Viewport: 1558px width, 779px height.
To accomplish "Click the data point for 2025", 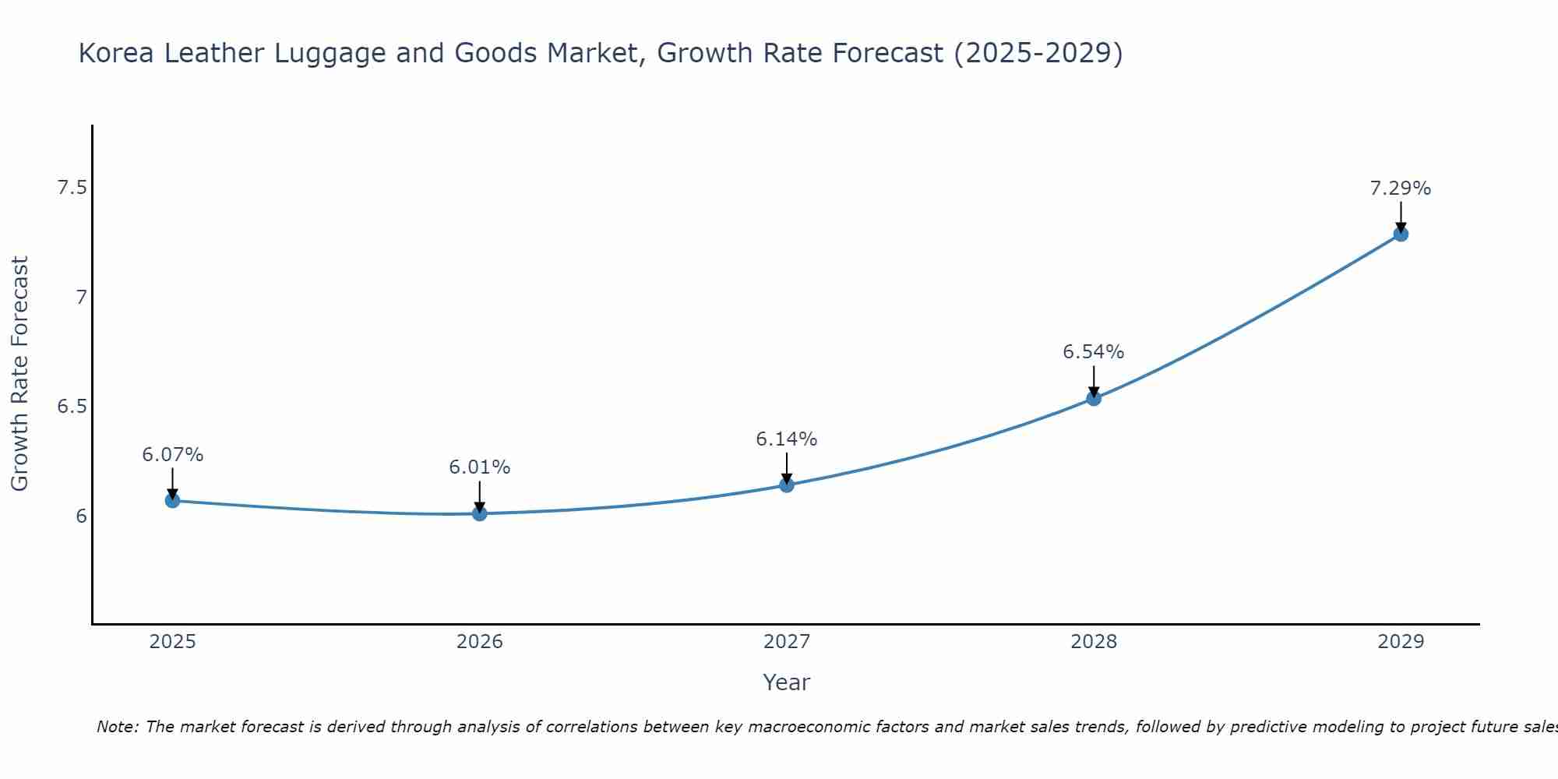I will pyautogui.click(x=173, y=500).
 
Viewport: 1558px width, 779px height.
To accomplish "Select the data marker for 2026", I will pyautogui.click(x=480, y=513).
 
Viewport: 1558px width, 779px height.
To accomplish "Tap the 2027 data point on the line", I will pyautogui.click(x=787, y=485).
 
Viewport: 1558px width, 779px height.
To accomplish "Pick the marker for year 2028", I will pyautogui.click(x=1094, y=398).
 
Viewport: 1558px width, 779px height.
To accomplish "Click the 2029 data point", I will pyautogui.click(x=1401, y=234).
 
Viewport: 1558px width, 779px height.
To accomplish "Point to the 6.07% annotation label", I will pyautogui.click(x=173, y=455).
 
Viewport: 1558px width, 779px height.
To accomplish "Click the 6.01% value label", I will pyautogui.click(x=480, y=467).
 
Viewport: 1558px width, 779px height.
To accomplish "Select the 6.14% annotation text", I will pyautogui.click(x=787, y=439).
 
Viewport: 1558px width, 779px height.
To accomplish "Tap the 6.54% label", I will pyautogui.click(x=1094, y=352).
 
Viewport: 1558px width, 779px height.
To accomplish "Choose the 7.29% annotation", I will pyautogui.click(x=1401, y=189).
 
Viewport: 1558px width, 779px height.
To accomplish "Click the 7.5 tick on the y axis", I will pyautogui.click(x=72, y=188).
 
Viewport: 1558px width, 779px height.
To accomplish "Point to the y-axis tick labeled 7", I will pyautogui.click(x=81, y=297).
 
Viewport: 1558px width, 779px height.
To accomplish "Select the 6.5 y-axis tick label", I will pyautogui.click(x=72, y=407).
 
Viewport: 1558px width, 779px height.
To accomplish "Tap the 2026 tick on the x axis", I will pyautogui.click(x=480, y=642).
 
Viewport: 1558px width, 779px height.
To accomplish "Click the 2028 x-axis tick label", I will pyautogui.click(x=1094, y=642).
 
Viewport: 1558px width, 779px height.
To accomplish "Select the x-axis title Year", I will pyautogui.click(x=787, y=682).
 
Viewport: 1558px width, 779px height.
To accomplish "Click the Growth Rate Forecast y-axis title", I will pyautogui.click(x=20, y=374).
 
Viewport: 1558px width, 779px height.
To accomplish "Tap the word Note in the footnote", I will pyautogui.click(x=117, y=727).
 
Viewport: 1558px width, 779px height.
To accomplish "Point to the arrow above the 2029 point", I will pyautogui.click(x=1401, y=216).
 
